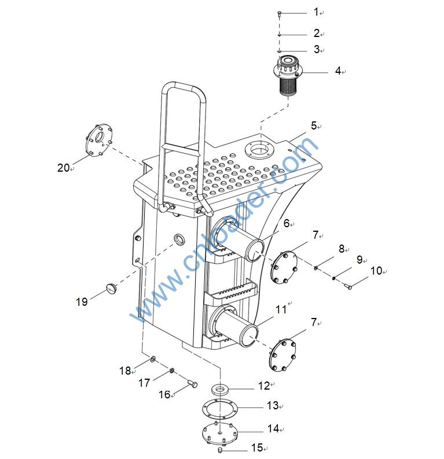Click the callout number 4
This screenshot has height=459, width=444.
pos(337,71)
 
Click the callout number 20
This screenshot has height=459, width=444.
pos(63,168)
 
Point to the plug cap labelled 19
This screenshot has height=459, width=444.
pos(111,287)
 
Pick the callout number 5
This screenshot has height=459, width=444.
pos(314,125)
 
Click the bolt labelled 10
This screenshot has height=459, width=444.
pos(348,285)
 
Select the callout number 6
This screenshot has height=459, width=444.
pos(286,223)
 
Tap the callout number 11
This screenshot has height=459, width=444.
pos(281,309)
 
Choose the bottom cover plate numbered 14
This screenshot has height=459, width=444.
pos(222,431)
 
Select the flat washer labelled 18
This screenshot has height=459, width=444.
pos(152,360)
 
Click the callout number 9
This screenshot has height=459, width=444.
pos(359,260)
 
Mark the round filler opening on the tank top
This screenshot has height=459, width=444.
pos(258,150)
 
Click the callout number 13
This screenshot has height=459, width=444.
pos(272,406)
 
